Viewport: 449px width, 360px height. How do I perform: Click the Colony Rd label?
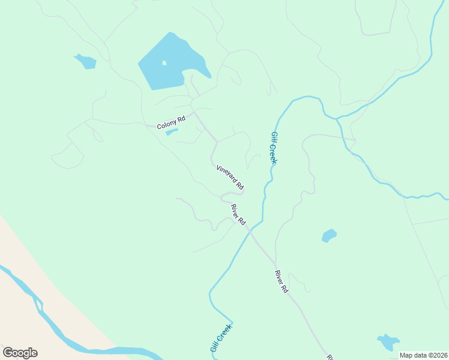(171, 123)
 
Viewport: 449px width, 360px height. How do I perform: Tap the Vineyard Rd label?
(230, 176)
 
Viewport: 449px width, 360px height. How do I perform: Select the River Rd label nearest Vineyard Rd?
(239, 215)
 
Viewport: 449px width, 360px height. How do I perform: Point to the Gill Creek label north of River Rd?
(273, 148)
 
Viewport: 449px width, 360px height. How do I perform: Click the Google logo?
(20, 353)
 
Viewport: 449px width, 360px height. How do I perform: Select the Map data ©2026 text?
(423, 355)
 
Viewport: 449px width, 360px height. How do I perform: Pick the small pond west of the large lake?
(86, 61)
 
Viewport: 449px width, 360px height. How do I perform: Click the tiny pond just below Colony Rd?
(171, 131)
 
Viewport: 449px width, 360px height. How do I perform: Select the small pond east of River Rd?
(329, 235)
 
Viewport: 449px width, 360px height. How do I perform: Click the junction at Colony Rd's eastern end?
(193, 112)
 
